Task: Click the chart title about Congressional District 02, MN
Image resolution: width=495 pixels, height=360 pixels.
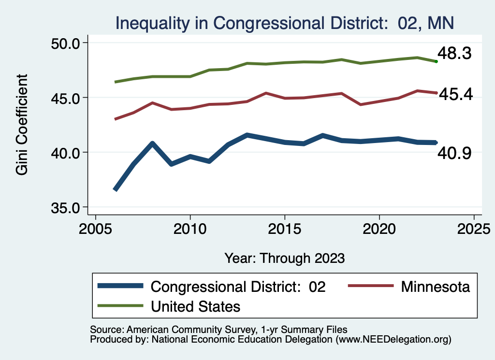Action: pos(284,23)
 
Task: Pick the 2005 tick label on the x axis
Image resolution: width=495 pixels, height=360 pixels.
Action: pos(95,228)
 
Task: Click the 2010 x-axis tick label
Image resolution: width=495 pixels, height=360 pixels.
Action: pos(190,228)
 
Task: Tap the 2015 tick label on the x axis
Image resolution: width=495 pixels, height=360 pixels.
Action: pos(285,228)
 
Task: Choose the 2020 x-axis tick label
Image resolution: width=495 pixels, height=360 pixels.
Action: pos(379,228)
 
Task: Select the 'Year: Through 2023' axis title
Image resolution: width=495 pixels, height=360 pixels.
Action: pos(284,258)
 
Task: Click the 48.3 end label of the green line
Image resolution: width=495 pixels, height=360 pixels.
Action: pos(454,54)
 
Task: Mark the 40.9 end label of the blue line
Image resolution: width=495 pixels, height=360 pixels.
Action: pos(454,154)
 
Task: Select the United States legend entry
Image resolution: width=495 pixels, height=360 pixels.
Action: pos(195,306)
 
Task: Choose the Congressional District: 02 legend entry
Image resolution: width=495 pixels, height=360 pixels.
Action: pos(238,287)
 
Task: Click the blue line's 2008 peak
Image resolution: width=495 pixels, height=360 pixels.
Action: pos(152,144)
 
